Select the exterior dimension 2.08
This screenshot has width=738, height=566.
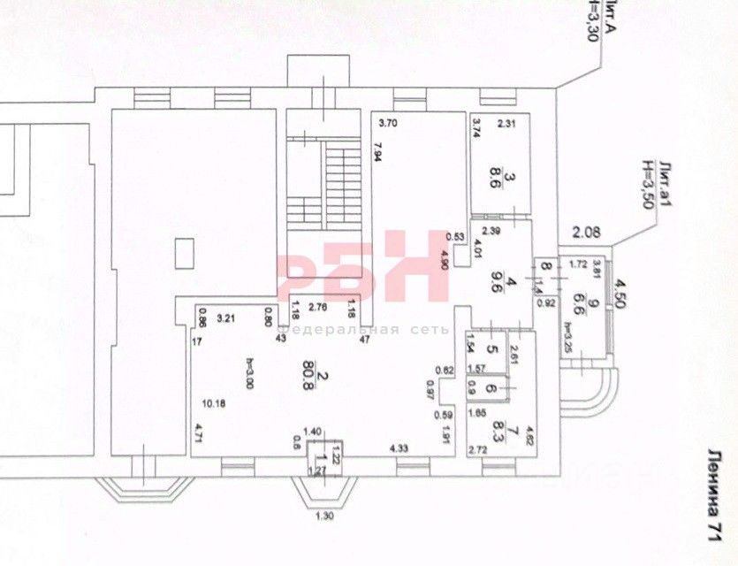point(585,233)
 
